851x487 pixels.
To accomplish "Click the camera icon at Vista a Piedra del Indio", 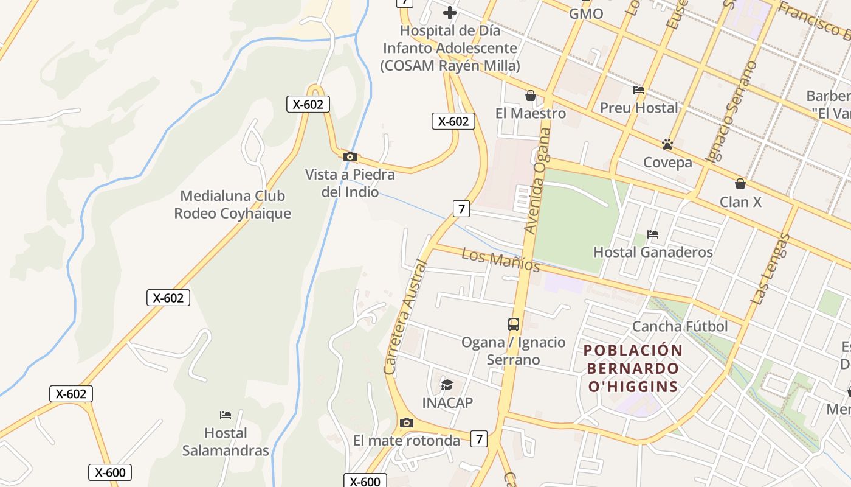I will click(350, 157).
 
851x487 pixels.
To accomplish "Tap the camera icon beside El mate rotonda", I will click(407, 422).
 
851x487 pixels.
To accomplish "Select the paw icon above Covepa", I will click(667, 144).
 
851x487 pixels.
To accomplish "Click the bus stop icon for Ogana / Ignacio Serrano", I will click(514, 324).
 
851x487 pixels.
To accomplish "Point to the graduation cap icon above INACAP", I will click(447, 385).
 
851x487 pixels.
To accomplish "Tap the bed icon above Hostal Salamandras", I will click(226, 415).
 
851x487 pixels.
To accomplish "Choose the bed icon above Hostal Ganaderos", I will click(653, 234).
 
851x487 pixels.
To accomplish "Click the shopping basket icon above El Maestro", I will click(531, 96).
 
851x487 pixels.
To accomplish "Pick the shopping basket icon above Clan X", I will click(740, 183).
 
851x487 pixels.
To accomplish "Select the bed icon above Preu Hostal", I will click(639, 90).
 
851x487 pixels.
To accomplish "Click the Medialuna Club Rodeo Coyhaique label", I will click(232, 205).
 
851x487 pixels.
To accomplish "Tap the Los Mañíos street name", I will click(500, 260).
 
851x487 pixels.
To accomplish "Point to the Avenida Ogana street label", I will click(537, 181).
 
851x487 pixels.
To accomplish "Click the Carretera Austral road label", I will click(406, 318).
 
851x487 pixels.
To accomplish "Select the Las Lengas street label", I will click(770, 269).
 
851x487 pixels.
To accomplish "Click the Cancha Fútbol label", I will click(680, 326).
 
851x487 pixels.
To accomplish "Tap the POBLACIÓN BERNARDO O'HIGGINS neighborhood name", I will click(633, 368).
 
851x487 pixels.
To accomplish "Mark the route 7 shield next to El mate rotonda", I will click(480, 438).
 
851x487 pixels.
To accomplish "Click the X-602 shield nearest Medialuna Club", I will click(168, 298).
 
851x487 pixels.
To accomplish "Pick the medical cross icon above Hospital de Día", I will click(449, 12).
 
